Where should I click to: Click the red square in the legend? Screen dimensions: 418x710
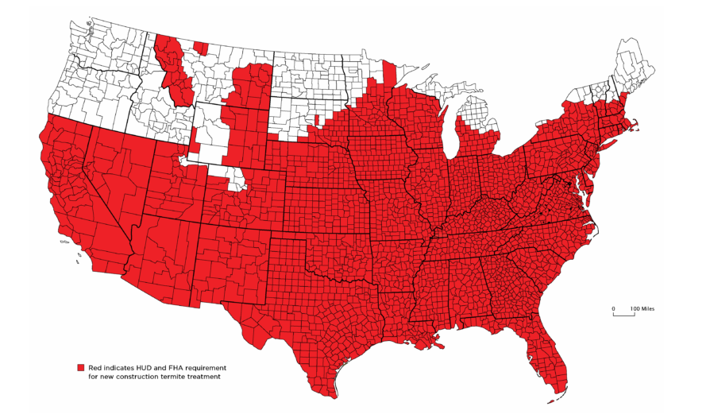(80, 368)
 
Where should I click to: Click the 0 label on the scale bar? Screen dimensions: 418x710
(612, 308)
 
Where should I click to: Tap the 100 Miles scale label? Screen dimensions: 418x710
(642, 308)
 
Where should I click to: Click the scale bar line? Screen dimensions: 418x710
(623, 315)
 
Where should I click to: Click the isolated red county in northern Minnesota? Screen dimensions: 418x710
(389, 73)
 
